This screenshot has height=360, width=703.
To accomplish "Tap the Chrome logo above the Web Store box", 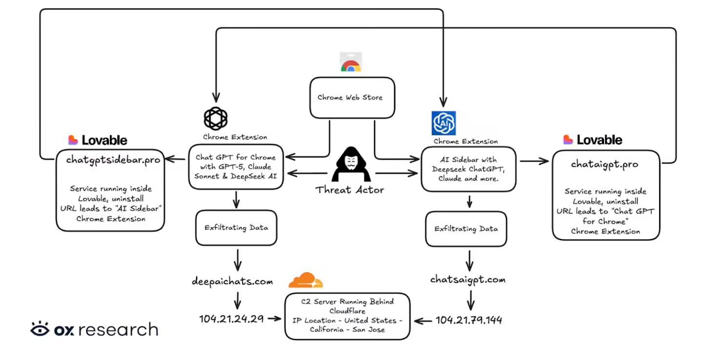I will tap(351, 64).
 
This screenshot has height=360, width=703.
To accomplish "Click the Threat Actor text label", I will tap(349, 190).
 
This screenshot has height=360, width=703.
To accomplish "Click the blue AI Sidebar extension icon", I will tap(444, 123).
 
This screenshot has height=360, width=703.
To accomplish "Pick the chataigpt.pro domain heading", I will tap(604, 164).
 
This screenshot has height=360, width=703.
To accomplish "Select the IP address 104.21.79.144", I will tap(469, 320).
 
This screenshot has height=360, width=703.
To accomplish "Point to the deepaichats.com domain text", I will tap(232, 282).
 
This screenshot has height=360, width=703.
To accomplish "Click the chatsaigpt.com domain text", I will tap(468, 279).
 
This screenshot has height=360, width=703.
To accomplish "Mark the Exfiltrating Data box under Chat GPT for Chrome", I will tap(236, 228).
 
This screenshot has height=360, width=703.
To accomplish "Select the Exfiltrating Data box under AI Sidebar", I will tap(466, 229).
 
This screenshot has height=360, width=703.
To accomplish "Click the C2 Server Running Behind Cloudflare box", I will tap(347, 316).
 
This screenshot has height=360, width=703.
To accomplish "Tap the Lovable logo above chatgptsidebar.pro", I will tap(98, 140).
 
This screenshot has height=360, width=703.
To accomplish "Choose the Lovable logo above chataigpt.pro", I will tap(593, 140).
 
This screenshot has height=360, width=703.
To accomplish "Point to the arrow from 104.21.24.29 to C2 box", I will tap(274, 319).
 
